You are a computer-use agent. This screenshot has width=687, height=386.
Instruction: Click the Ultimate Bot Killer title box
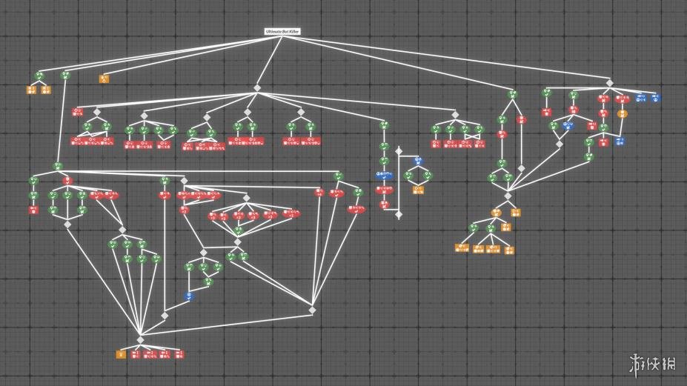tap(282, 32)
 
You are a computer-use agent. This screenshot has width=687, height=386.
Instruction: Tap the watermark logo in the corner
tap(652, 363)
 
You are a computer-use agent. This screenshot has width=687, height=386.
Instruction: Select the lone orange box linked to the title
tap(104, 77)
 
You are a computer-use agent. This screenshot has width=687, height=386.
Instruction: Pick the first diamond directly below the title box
tap(258, 88)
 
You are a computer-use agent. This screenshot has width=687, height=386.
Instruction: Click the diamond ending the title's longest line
tap(609, 82)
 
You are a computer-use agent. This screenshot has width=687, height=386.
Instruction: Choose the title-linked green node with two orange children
tap(39, 76)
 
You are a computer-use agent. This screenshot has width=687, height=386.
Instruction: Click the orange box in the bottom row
tap(120, 354)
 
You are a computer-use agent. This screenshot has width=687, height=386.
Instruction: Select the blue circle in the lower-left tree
tap(188, 296)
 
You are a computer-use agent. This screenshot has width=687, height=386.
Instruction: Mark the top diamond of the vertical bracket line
tap(398, 150)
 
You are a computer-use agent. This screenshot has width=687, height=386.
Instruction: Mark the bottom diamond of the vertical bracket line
tap(398, 215)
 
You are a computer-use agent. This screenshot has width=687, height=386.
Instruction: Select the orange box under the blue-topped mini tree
tap(417, 190)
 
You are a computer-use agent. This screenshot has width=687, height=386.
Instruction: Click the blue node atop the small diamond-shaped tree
tap(417, 161)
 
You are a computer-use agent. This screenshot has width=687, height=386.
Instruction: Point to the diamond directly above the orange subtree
tap(508, 196)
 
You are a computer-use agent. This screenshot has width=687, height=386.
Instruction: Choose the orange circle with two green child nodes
tap(496, 213)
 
